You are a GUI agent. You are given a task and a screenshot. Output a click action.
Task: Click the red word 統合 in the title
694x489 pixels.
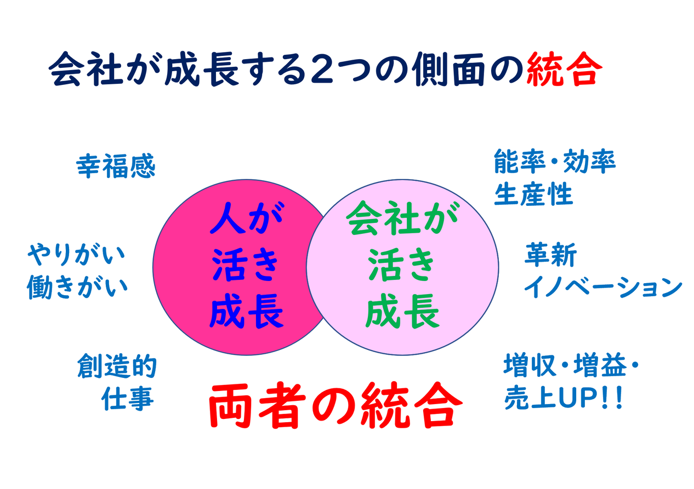(x=564, y=68)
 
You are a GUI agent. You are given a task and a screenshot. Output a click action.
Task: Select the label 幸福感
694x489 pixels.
(x=116, y=166)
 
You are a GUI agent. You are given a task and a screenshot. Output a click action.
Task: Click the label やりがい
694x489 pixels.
(x=76, y=255)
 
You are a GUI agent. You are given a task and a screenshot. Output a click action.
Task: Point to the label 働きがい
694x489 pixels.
(x=77, y=286)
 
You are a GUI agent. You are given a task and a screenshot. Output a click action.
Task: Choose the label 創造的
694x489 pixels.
(x=117, y=366)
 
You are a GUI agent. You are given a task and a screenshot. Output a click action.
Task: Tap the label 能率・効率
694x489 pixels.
(x=555, y=161)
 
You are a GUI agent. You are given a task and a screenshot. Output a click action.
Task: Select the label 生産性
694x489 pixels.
(x=533, y=194)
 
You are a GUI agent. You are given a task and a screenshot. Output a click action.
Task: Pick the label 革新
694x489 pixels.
(x=550, y=255)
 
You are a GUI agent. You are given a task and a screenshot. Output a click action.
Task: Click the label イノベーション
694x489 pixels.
(x=602, y=287)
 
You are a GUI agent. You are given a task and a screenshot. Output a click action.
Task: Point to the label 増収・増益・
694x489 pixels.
(x=571, y=365)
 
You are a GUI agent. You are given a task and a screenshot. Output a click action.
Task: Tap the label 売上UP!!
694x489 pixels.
(x=563, y=398)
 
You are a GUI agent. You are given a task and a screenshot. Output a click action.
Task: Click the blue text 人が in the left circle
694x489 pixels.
(x=247, y=218)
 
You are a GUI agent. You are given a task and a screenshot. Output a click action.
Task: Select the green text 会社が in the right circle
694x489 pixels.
(x=402, y=218)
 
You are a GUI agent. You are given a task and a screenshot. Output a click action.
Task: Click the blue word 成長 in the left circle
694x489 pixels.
(x=247, y=310)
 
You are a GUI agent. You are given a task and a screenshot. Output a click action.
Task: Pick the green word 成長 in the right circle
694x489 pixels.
(x=402, y=310)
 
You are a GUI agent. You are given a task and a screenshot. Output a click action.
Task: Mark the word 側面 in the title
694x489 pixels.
(x=448, y=68)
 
